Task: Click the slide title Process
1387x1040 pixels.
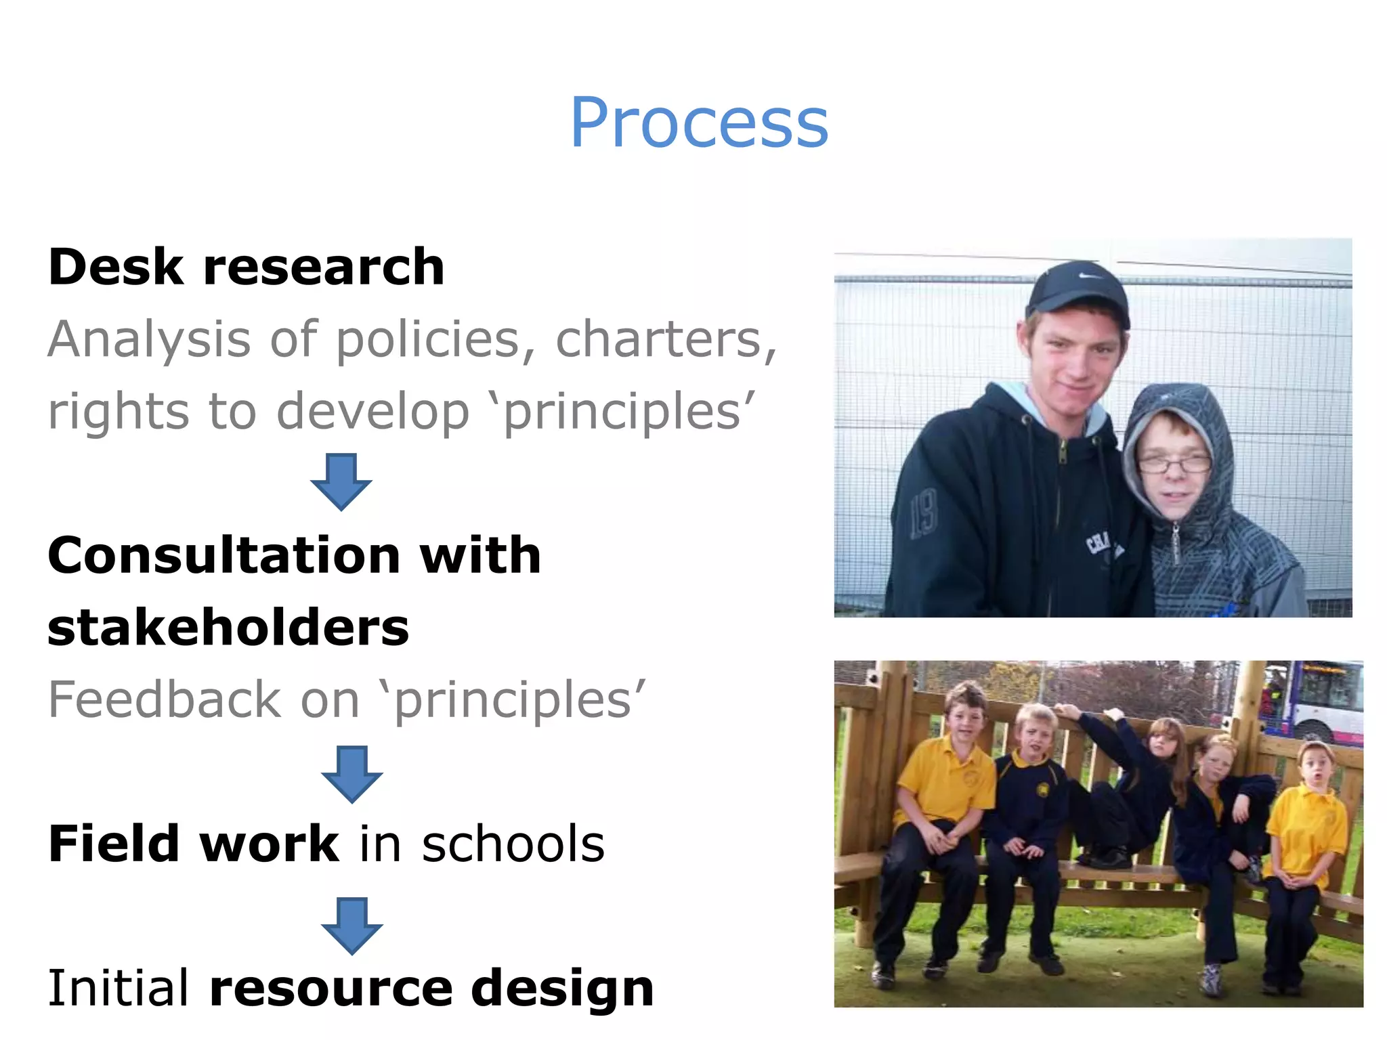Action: (699, 123)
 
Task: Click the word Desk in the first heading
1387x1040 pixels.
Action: (115, 267)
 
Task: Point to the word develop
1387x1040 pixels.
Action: (372, 411)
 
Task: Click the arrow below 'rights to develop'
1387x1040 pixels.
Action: (341, 482)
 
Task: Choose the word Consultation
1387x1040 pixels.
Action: (224, 555)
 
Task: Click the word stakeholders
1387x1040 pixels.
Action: (228, 628)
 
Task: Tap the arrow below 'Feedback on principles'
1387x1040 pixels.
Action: (351, 775)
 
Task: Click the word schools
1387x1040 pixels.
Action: (513, 844)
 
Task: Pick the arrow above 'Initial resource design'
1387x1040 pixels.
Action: (351, 926)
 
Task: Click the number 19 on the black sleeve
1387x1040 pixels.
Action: (923, 514)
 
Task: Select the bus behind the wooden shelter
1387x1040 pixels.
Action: (1317, 701)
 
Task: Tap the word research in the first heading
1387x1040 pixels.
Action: (324, 267)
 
